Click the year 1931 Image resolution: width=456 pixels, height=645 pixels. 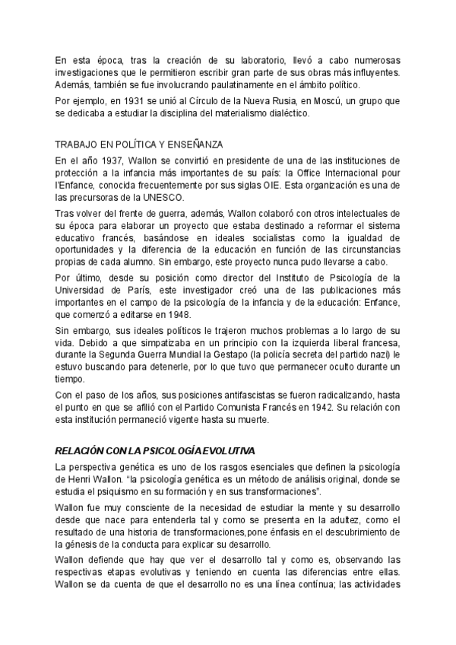click(x=122, y=100)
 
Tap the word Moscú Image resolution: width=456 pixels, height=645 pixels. click(x=295, y=100)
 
